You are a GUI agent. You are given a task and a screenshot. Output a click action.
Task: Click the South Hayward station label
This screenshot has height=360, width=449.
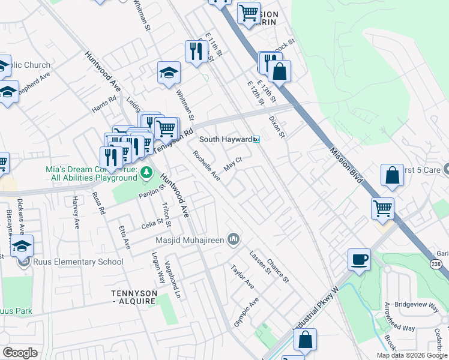point(225,139)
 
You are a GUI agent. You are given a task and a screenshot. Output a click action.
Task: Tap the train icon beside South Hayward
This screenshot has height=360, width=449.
point(256,139)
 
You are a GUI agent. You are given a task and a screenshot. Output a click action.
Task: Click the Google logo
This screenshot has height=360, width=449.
point(20,352)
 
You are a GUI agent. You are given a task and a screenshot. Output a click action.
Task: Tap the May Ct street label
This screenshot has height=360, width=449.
point(232,163)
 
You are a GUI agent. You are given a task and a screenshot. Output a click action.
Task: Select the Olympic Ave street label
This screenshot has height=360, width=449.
point(246,311)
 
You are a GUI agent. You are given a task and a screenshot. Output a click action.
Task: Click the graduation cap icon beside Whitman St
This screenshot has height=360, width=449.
point(169,73)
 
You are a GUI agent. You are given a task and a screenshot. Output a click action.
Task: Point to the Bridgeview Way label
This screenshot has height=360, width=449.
point(420,305)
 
